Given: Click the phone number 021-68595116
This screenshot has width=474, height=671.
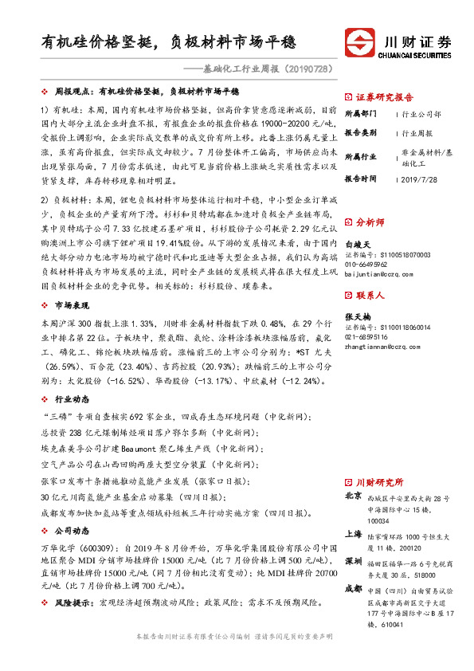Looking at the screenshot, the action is (x=367, y=336).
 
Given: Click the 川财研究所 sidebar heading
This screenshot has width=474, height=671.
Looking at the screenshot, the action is (x=379, y=482).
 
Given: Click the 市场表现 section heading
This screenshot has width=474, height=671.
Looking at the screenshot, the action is (x=72, y=306).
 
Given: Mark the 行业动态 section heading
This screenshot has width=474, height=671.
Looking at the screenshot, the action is (x=72, y=398).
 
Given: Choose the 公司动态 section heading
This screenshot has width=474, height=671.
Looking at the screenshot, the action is (x=72, y=529).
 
